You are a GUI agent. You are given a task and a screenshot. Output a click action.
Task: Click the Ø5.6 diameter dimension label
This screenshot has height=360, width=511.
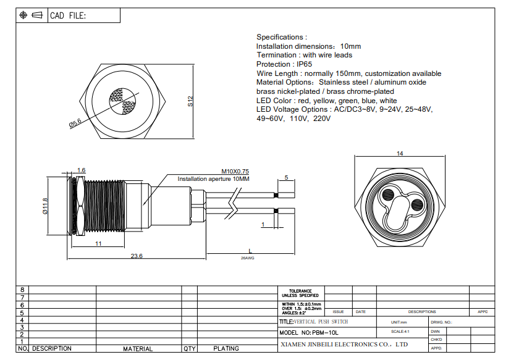(75, 123)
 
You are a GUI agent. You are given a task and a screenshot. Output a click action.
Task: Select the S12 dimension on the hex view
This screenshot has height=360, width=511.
(190, 101)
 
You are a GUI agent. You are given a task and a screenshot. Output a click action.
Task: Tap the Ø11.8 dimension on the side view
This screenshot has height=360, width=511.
(45, 206)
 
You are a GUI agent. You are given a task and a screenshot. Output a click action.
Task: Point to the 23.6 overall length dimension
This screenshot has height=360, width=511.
(137, 256)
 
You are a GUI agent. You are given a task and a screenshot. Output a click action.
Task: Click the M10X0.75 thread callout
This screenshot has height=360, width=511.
(235, 172)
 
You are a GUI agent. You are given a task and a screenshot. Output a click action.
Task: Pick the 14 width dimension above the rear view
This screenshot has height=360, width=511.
(400, 154)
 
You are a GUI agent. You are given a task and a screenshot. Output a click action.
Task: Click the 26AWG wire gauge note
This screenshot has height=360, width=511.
(248, 258)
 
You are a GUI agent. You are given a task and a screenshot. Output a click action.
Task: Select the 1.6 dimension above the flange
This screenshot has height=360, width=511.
(81, 170)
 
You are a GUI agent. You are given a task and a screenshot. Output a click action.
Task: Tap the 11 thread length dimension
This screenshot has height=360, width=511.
(98, 243)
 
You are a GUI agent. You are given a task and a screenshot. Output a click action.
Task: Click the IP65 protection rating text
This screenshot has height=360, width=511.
(304, 64)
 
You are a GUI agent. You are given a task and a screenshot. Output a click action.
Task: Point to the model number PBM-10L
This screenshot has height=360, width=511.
(325, 333)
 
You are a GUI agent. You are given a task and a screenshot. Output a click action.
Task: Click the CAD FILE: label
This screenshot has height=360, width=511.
(68, 15)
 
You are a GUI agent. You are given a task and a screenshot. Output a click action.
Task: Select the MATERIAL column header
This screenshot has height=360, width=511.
(138, 349)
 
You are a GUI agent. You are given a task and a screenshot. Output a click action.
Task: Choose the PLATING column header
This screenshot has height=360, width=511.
(226, 349)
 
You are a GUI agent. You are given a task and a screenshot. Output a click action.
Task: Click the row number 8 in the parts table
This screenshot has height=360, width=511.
(22, 290)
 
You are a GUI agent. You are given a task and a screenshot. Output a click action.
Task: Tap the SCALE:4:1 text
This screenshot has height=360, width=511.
(400, 332)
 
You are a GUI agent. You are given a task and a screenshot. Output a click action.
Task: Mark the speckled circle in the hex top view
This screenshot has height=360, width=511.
(122, 102)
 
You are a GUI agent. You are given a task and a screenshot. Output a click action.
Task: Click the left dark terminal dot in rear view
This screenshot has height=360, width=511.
(388, 195)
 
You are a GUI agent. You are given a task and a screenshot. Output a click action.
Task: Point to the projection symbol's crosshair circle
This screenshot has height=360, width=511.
(23, 15)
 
